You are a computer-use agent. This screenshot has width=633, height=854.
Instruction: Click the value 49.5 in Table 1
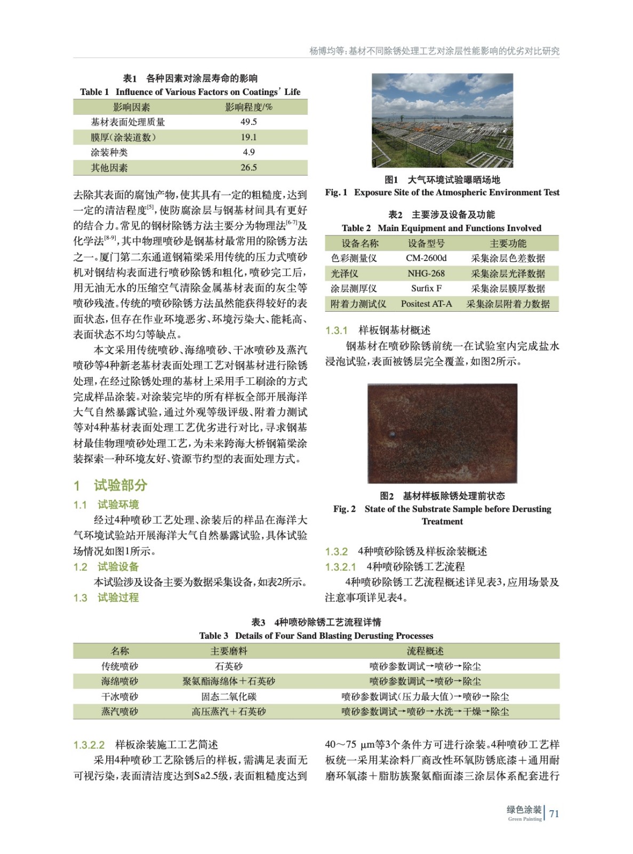click(249, 122)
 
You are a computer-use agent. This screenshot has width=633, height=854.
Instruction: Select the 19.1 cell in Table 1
click(249, 137)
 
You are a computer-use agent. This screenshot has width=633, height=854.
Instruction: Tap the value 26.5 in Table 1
click(249, 168)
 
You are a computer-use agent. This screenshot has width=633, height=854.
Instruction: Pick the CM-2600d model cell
click(426, 258)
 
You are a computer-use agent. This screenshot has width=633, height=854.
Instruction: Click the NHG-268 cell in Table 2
click(426, 273)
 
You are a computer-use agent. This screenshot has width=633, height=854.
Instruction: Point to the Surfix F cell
click(426, 288)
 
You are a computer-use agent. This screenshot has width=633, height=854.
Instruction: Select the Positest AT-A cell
click(426, 304)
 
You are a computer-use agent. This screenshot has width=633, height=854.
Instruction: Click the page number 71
click(554, 813)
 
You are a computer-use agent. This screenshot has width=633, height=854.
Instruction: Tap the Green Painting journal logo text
click(524, 812)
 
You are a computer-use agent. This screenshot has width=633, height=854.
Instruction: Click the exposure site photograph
click(442, 120)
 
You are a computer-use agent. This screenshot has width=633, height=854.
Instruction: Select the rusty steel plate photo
click(442, 433)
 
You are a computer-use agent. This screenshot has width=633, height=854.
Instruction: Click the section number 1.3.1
click(336, 330)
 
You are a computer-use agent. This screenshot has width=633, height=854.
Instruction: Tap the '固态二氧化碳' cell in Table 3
click(229, 697)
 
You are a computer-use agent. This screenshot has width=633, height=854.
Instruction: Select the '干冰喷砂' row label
click(120, 697)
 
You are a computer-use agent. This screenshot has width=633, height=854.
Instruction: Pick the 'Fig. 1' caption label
click(336, 193)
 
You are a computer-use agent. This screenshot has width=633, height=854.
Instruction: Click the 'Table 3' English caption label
click(213, 636)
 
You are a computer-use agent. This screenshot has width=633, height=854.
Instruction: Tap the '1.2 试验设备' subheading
click(106, 567)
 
